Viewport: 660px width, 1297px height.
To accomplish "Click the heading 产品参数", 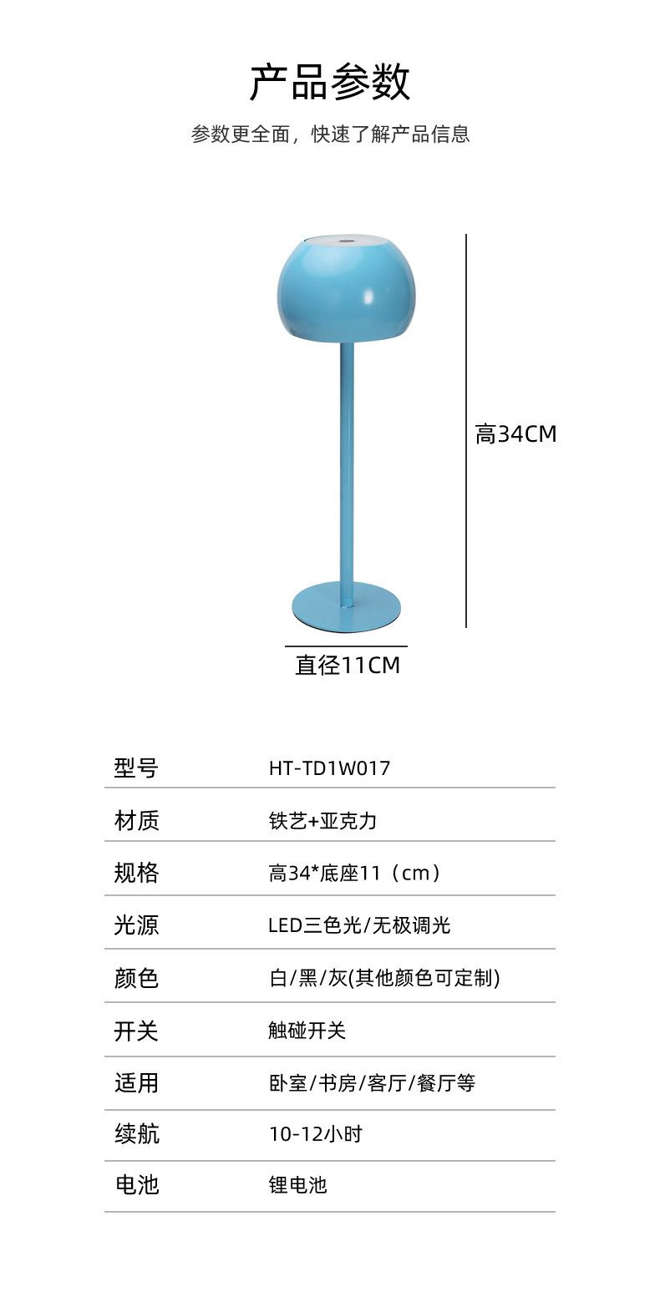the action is pos(330,83).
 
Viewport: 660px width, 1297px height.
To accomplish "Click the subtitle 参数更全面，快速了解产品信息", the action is pos(330,134).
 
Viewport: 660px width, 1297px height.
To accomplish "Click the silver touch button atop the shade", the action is pos(346,243).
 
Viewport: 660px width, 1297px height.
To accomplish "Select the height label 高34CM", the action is pos(515,434).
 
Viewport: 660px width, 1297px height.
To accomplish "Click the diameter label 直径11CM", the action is pos(347,666).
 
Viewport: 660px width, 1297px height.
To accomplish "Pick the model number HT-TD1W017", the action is pos(329,768).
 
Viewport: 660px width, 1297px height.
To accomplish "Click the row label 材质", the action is pos(136,821).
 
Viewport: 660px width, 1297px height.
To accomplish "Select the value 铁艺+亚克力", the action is pos(322,821).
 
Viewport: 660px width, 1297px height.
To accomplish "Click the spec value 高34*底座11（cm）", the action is pos(354,874).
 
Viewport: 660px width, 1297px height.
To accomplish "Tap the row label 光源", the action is pos(136,925).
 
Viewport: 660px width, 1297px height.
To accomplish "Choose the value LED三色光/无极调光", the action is pos(359,925).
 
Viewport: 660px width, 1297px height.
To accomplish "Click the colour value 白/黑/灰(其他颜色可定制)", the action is pos(383,978).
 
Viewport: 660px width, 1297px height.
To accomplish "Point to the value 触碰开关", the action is pos(307,1031).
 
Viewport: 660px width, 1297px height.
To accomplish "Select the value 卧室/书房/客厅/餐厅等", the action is pos(371,1083).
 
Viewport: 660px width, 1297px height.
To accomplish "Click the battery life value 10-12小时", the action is pos(315,1134).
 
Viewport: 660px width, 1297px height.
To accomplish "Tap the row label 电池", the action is pos(136,1184).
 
